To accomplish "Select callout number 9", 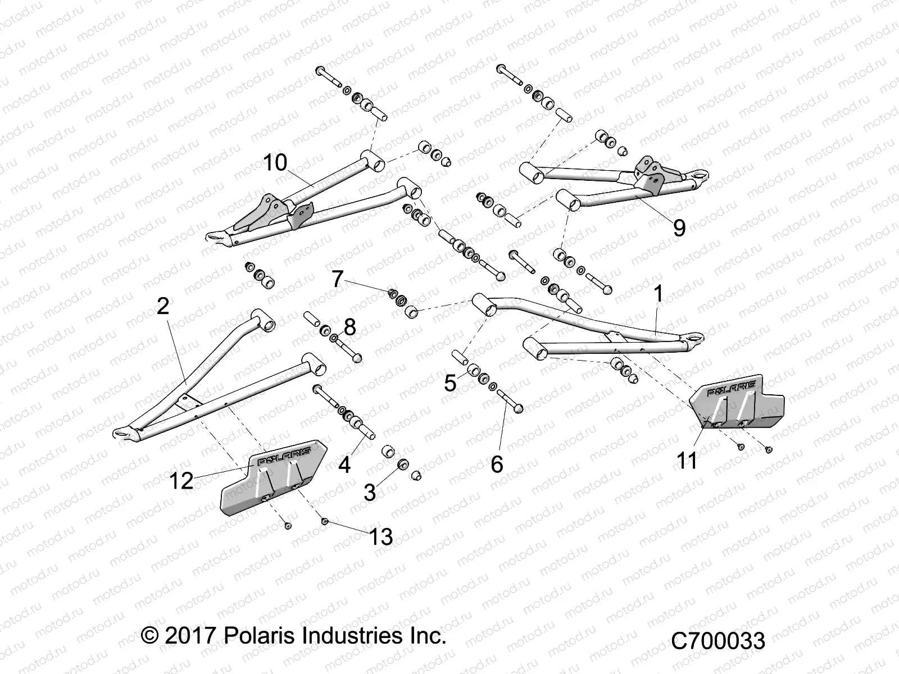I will (679, 228).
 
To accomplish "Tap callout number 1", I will (658, 294).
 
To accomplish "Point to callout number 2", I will (163, 306).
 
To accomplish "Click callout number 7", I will (337, 279).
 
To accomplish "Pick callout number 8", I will (349, 327).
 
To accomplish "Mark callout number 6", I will (497, 464).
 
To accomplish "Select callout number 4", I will (344, 464).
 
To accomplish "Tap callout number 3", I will (369, 493).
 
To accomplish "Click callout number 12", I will (181, 481).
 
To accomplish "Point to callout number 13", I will (380, 536).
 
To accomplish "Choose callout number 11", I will (687, 461).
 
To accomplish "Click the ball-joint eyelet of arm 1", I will (695, 338).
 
